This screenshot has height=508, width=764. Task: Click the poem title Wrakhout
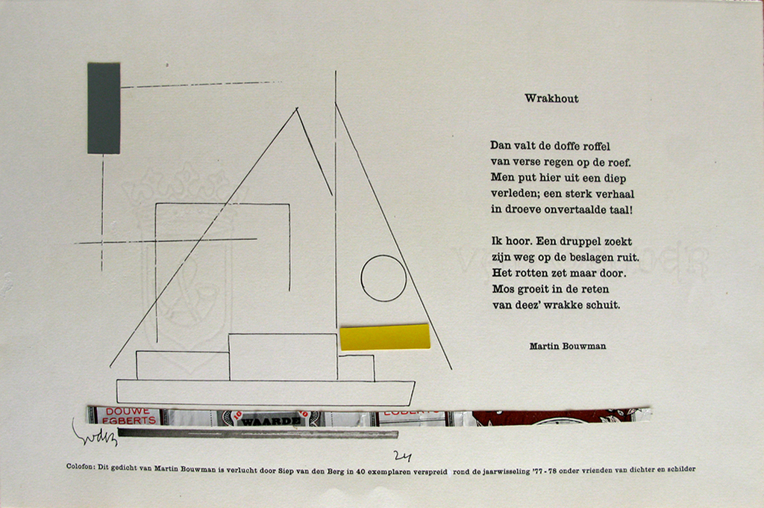coord(551,99)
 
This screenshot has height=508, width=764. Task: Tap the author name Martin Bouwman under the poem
coord(567,346)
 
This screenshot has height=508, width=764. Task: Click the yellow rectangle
coord(385,337)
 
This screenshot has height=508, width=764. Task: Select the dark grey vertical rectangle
coord(104,108)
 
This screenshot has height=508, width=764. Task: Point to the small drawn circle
coord(383,278)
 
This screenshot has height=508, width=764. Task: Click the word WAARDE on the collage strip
coord(269,421)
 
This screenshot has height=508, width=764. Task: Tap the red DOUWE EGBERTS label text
coord(130,416)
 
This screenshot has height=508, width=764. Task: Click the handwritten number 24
coord(403,456)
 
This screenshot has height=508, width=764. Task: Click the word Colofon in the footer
coord(81,469)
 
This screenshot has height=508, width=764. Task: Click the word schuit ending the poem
coord(602,305)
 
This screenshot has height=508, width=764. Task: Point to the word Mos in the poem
coord(501,289)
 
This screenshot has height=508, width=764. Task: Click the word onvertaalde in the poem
coord(570,210)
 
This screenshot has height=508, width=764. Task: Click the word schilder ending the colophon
coord(678,469)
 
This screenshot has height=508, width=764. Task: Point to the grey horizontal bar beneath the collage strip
coord(257,433)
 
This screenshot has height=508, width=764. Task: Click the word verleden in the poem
coord(511,194)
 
